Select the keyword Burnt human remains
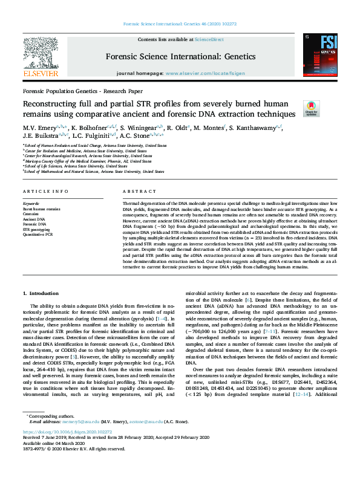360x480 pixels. click(x=42, y=209)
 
